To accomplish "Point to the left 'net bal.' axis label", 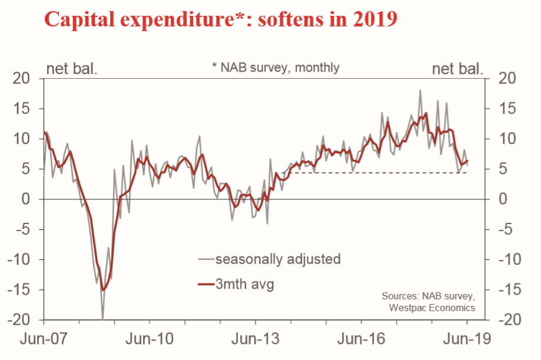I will click(x=71, y=68).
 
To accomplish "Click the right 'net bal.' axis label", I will click(x=458, y=68).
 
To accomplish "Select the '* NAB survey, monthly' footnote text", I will click(x=276, y=67).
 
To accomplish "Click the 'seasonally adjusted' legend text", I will click(x=278, y=259).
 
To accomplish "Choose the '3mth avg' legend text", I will click(x=245, y=285).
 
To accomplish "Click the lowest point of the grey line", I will click(x=102, y=319).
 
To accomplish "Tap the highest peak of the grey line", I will click(x=420, y=90).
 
